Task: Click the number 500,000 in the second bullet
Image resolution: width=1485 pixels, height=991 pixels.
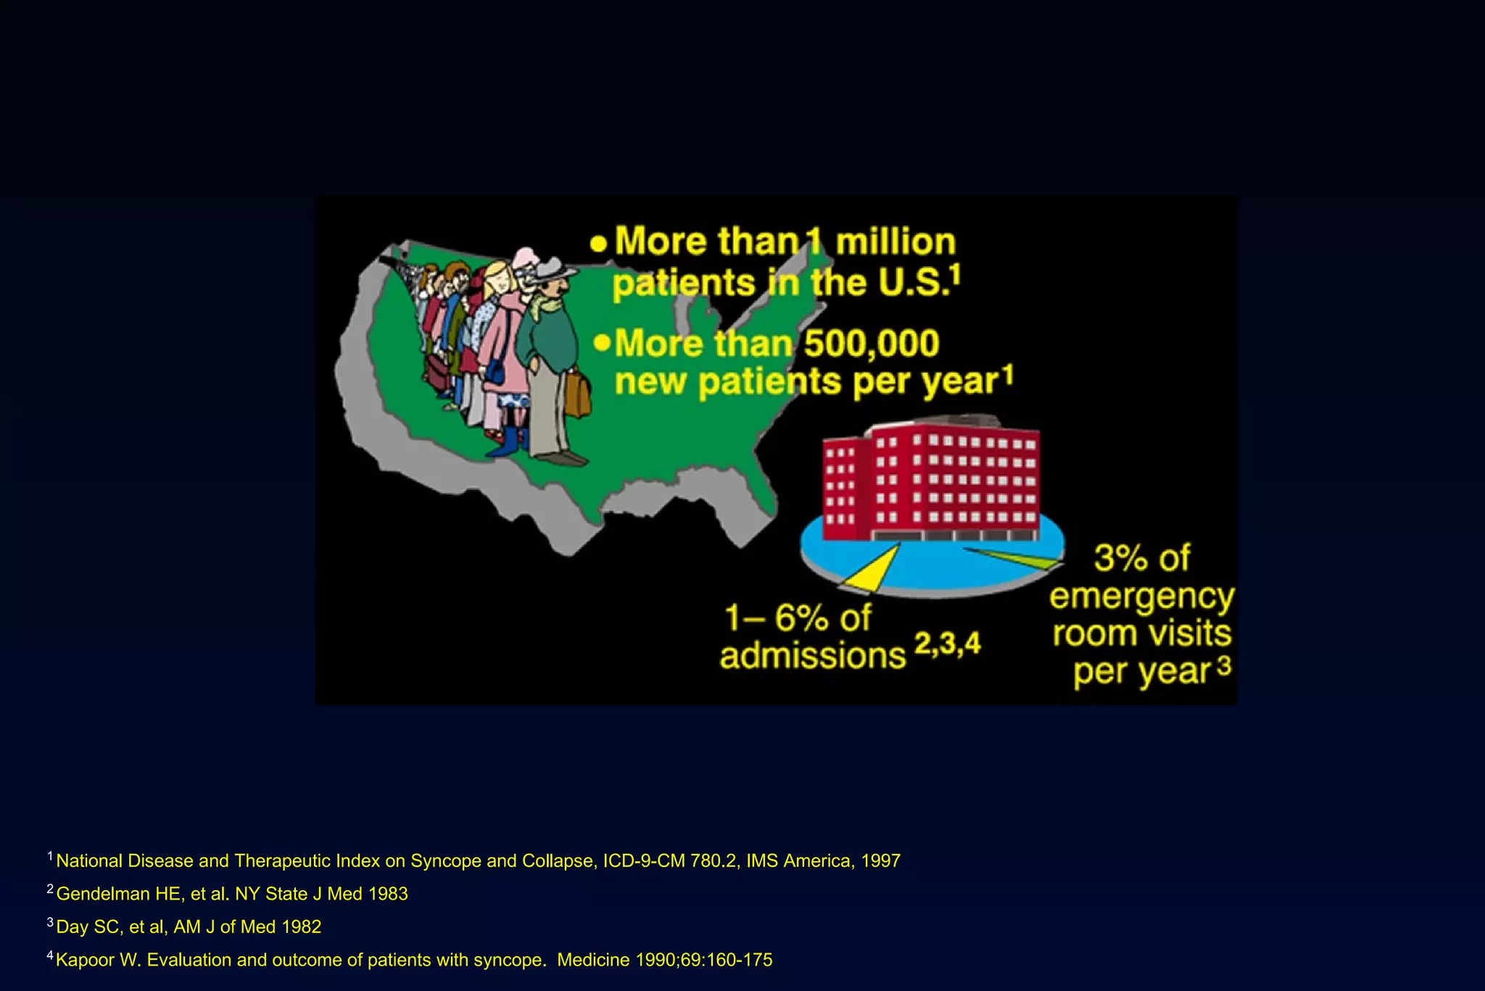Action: coord(871,343)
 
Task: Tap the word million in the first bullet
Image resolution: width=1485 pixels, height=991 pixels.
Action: coord(895,242)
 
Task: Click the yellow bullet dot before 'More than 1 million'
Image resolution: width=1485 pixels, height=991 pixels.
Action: coord(598,243)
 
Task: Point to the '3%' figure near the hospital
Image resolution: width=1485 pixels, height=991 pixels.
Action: coord(1121,558)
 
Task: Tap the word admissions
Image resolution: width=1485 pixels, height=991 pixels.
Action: coord(812,656)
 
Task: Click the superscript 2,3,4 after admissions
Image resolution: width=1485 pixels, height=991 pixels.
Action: coord(947,643)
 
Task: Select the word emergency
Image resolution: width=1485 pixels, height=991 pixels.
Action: coord(1141,596)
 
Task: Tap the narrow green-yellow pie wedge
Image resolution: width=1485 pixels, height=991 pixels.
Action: coord(1022,558)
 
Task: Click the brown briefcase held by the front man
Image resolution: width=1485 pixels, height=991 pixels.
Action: coord(577,394)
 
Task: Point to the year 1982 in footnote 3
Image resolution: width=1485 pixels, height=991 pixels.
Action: coord(301,926)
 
